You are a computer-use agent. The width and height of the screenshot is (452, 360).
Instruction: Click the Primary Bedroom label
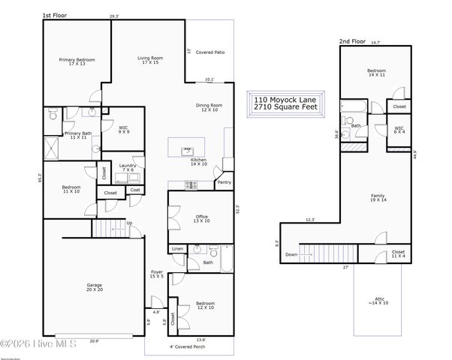point(77,61)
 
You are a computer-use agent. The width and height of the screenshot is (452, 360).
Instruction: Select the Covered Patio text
point(210,52)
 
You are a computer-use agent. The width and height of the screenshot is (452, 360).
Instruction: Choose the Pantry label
point(224,181)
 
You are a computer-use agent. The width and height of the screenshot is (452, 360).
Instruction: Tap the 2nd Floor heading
point(351,40)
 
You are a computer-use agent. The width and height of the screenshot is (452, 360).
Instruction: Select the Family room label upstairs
point(378,198)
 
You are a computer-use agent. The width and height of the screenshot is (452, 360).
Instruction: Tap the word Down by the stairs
point(291,254)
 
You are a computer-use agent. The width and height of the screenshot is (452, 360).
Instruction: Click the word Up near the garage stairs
point(129,223)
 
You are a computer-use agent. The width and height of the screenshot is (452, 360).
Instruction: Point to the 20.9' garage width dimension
point(93,341)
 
